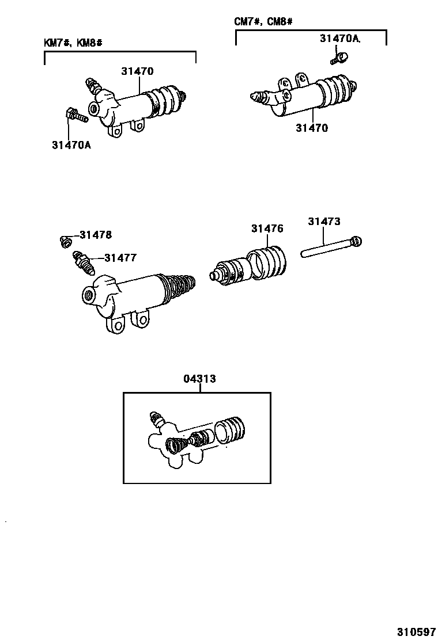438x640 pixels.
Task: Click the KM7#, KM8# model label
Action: point(73,43)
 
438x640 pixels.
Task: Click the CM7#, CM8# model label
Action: point(263,22)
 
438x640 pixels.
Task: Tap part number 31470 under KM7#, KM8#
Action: point(137,71)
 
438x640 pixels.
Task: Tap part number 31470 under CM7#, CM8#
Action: point(312,128)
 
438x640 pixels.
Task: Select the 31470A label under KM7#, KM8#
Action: point(71,145)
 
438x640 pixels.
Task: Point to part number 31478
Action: point(96,235)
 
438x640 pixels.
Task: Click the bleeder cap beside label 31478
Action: point(65,241)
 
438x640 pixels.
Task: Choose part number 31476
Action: point(267,228)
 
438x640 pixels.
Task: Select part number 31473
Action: point(324,221)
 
